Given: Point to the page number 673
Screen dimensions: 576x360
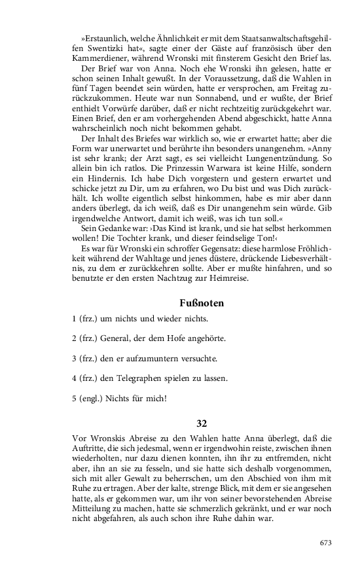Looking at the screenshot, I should [x=326, y=543].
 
